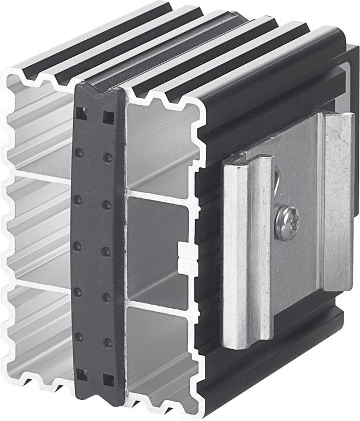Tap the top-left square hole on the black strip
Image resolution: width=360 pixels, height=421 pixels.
click(x=81, y=114)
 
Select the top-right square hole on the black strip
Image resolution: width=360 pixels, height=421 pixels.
click(x=108, y=117)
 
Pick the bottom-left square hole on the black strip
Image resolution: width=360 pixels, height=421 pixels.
click(x=81, y=375)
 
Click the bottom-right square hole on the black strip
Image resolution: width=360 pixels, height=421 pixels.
click(x=108, y=380)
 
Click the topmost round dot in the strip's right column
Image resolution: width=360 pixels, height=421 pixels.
click(x=108, y=158)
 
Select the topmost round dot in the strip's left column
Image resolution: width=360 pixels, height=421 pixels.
click(x=79, y=153)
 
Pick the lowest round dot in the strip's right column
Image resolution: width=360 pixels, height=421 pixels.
click(x=108, y=342)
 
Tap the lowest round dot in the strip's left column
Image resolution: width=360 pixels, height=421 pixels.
click(x=79, y=337)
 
